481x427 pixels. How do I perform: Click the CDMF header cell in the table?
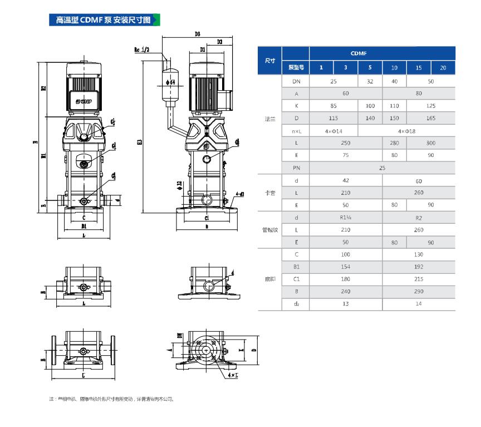click(x=358, y=53)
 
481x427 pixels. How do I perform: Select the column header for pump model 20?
click(x=443, y=68)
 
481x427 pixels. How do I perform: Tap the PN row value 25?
click(x=382, y=168)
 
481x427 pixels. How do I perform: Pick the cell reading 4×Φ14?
click(x=333, y=130)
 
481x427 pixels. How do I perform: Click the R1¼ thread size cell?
click(x=345, y=218)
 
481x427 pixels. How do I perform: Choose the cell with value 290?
click(x=419, y=292)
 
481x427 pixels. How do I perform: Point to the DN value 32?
click(x=370, y=81)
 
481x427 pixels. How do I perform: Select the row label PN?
click(x=296, y=168)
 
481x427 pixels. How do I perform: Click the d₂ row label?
click(x=296, y=304)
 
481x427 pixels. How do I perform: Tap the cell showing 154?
click(x=345, y=267)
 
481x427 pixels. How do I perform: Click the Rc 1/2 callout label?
click(x=142, y=50)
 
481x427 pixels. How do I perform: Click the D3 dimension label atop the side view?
click(x=198, y=35)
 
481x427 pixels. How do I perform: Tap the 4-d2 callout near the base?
click(x=239, y=193)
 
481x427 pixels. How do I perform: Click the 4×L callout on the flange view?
click(x=232, y=376)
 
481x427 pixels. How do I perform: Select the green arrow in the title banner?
click(x=156, y=21)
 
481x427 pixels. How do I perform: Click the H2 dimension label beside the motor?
click(x=43, y=88)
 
